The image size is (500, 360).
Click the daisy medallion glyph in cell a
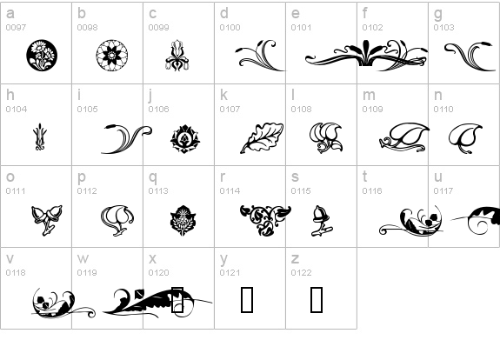pyautogui.click(x=42, y=55)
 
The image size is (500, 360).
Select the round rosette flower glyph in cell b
pyautogui.click(x=112, y=55)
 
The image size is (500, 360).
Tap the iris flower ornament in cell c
pyautogui.click(x=177, y=55)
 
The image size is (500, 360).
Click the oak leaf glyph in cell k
pyautogui.click(x=262, y=137)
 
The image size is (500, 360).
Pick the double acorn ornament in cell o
pyautogui.click(x=47, y=220)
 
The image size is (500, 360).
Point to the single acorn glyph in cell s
pyautogui.click(x=322, y=221)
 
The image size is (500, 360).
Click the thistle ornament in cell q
pyautogui.click(x=183, y=220)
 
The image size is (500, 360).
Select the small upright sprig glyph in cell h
pyautogui.click(x=40, y=137)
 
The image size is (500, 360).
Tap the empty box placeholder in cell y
pyautogui.click(x=247, y=299)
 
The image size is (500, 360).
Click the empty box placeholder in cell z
pyautogui.click(x=317, y=299)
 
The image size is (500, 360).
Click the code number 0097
pyautogui.click(x=16, y=28)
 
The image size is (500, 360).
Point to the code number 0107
pyautogui.click(x=230, y=109)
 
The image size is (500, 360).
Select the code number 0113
pyautogui.click(x=158, y=190)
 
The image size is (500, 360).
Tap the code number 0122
pyautogui.click(x=302, y=273)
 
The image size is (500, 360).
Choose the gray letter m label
pyautogui.click(x=369, y=96)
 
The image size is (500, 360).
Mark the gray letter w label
pyautogui.click(x=83, y=258)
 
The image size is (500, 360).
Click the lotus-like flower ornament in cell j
pyautogui.click(x=185, y=139)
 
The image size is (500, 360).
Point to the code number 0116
pyautogui.click(x=372, y=190)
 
